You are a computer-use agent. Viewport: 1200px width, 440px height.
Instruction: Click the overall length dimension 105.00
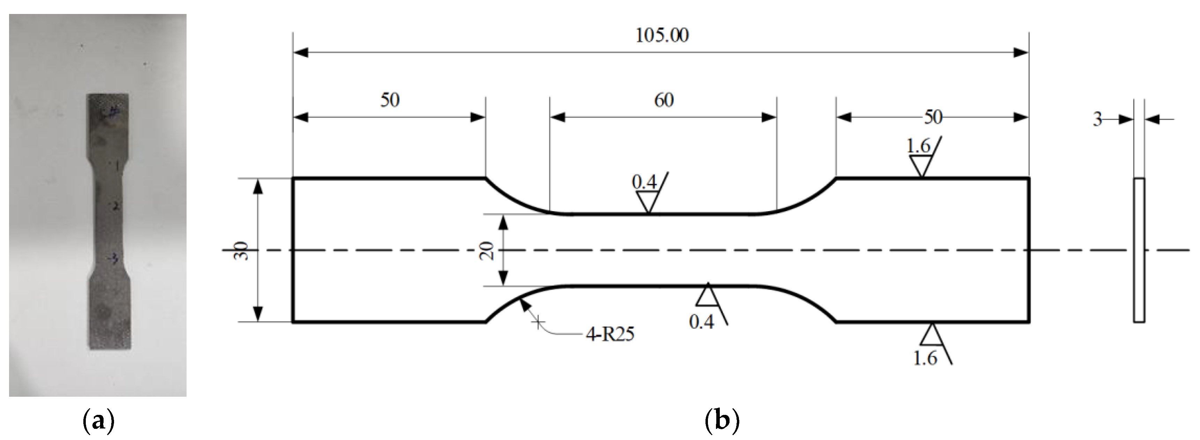662,36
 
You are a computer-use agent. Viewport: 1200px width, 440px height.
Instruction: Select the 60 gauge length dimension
664,100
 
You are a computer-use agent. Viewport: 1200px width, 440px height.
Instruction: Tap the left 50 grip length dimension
390,100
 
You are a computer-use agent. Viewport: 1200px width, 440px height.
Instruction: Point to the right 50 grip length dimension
933,117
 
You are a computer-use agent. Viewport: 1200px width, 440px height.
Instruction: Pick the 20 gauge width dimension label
487,251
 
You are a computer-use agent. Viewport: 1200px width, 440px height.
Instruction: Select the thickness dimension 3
1098,120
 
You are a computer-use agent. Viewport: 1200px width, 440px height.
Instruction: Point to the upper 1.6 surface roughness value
918,146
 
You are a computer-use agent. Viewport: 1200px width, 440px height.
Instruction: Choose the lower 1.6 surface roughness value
925,358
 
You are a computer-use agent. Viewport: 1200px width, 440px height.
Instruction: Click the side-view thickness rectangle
1139,250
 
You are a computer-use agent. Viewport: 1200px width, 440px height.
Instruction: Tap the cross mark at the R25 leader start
538,322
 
